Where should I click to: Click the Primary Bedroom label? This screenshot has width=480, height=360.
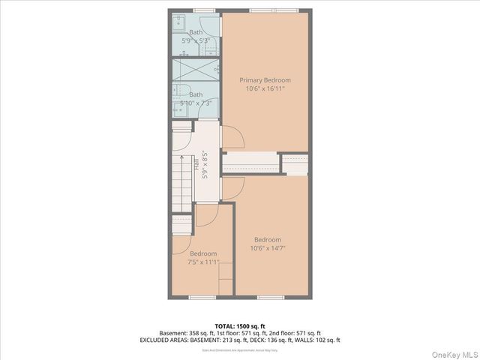265,80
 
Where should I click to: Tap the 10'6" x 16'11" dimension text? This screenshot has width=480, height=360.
265,88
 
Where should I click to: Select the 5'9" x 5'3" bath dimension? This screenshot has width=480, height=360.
196,40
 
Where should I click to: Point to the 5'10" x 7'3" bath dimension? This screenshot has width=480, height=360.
196,103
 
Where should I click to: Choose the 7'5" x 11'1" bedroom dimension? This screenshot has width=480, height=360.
202,262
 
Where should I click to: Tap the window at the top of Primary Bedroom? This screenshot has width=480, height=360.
265,10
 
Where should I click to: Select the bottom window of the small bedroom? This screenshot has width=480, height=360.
202,297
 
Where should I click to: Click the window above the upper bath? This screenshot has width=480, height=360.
203,10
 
